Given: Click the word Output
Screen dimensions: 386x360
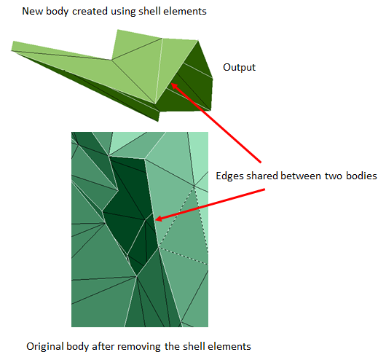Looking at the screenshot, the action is [239, 68].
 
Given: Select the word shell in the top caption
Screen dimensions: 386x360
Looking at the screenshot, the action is [146, 12].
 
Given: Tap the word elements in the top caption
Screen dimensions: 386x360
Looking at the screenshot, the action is [182, 12].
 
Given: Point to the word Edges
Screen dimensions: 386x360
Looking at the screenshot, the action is [230, 176].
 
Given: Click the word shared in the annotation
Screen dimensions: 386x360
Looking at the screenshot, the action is [262, 176].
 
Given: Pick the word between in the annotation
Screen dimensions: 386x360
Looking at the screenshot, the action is [301, 176].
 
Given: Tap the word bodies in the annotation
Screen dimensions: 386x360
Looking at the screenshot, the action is [361, 176].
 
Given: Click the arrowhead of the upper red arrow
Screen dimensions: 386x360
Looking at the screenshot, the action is [175, 87].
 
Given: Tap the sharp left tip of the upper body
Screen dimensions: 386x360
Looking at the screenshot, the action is [12, 50].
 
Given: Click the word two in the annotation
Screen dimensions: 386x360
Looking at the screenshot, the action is [334, 176].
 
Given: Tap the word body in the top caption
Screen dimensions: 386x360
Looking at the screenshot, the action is [57, 12].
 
